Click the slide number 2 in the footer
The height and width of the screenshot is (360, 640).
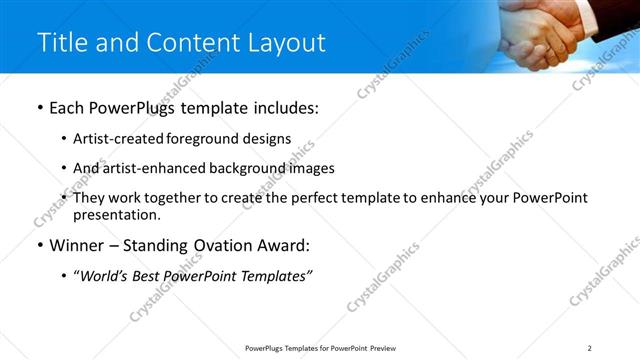point(590,348)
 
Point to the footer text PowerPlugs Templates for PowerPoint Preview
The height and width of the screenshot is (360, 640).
point(320,348)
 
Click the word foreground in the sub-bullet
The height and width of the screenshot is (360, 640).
point(209,139)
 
